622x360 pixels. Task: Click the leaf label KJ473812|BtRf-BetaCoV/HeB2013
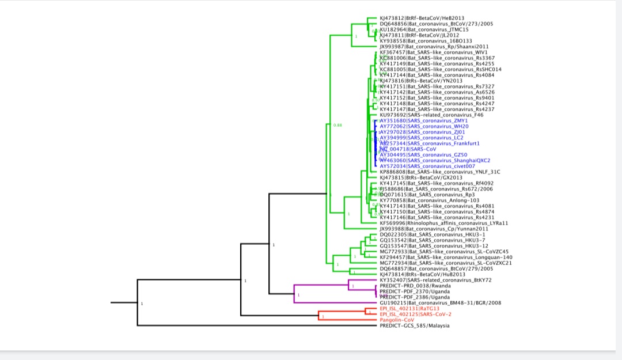(414, 18)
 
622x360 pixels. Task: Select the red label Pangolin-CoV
(397, 320)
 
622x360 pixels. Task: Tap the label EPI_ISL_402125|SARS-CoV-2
(410, 314)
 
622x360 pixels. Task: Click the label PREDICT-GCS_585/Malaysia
(415, 325)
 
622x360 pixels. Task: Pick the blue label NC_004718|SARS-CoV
(408, 149)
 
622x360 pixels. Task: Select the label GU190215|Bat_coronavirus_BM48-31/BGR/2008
(441, 303)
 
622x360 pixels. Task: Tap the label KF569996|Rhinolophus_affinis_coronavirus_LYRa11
(443, 223)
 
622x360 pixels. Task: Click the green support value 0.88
(338, 125)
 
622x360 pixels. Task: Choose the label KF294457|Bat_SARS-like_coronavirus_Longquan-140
(446, 257)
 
